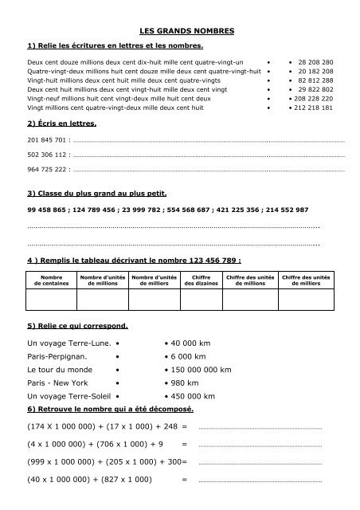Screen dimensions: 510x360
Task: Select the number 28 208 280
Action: tap(316, 61)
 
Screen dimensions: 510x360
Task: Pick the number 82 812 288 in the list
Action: tap(316, 80)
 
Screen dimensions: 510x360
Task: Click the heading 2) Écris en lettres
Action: tap(62, 125)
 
